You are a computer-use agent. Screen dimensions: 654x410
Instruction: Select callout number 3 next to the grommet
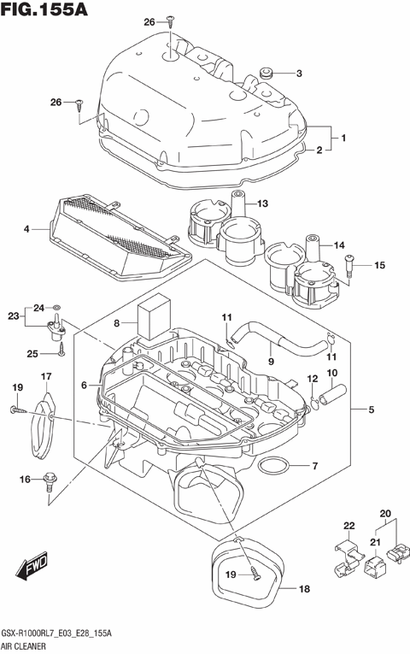(299, 74)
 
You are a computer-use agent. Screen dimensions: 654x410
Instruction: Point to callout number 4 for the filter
(26, 229)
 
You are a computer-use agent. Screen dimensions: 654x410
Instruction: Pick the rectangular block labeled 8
(154, 319)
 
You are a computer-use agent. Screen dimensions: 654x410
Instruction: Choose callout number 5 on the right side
(371, 409)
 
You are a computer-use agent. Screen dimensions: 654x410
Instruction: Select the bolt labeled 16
(48, 485)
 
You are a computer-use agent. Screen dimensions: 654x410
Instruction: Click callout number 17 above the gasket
(46, 375)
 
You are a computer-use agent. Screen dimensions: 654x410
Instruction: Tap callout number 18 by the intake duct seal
(305, 589)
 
